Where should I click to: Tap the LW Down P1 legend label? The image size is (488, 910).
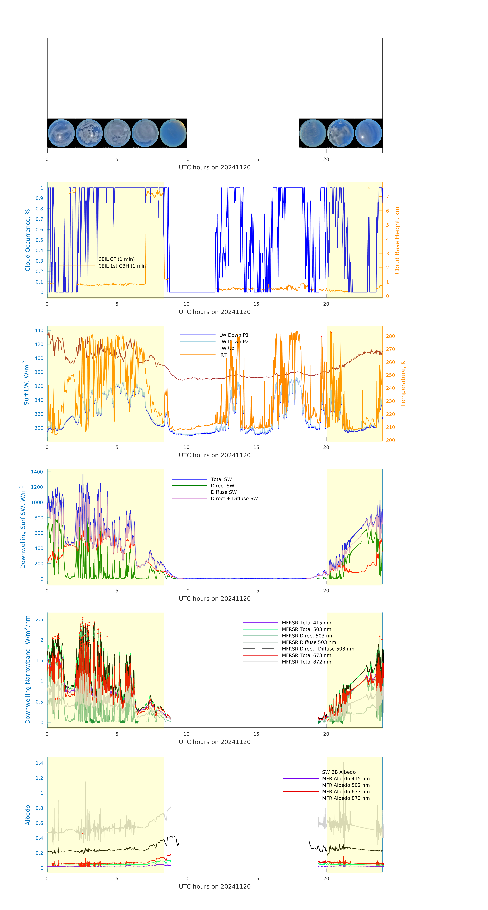tap(234, 335)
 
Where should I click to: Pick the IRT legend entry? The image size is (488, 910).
tap(223, 355)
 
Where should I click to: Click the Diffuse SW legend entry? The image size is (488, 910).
tap(223, 492)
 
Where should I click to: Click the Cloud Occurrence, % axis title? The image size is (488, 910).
tap(28, 240)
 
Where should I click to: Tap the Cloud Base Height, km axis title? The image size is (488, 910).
tap(397, 240)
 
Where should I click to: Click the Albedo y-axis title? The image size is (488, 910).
tap(28, 815)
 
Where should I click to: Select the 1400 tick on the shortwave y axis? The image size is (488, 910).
tap(37, 472)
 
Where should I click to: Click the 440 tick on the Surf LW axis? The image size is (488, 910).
tap(39, 330)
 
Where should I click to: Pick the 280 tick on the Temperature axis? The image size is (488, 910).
tap(390, 336)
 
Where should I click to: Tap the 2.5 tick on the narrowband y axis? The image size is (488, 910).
tap(39, 619)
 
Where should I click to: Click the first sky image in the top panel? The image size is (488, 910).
tap(61, 133)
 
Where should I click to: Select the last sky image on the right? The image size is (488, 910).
tap(368, 133)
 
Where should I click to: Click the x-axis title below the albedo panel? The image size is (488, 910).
tap(215, 886)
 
